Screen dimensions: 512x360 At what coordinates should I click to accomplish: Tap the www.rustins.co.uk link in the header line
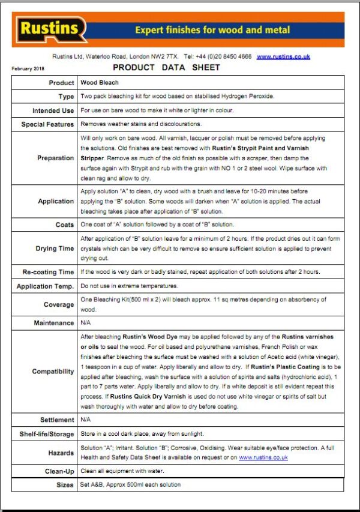[x=283, y=56]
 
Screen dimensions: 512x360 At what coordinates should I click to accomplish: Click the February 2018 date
[x=28, y=68]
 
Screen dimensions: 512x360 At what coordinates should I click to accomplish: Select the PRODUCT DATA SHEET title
[x=166, y=68]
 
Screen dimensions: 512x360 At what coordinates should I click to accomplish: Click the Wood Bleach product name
[x=100, y=82]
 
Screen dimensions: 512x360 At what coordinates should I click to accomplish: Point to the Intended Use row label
[x=53, y=110]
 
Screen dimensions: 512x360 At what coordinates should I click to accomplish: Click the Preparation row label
[x=56, y=158]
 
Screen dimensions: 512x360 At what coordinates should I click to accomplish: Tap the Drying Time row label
[x=55, y=248]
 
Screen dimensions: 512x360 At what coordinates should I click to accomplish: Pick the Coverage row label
[x=59, y=304]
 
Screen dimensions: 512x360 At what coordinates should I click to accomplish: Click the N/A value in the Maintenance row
[x=86, y=323]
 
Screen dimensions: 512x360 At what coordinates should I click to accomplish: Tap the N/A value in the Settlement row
[x=86, y=420]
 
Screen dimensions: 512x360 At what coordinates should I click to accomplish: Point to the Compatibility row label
[x=53, y=372]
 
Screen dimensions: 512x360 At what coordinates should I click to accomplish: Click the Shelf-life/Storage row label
[x=46, y=434]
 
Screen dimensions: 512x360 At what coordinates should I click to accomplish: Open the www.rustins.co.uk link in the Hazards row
[x=263, y=457]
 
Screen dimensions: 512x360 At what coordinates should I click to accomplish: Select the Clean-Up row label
[x=59, y=471]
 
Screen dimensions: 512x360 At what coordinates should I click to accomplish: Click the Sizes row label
[x=65, y=484]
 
